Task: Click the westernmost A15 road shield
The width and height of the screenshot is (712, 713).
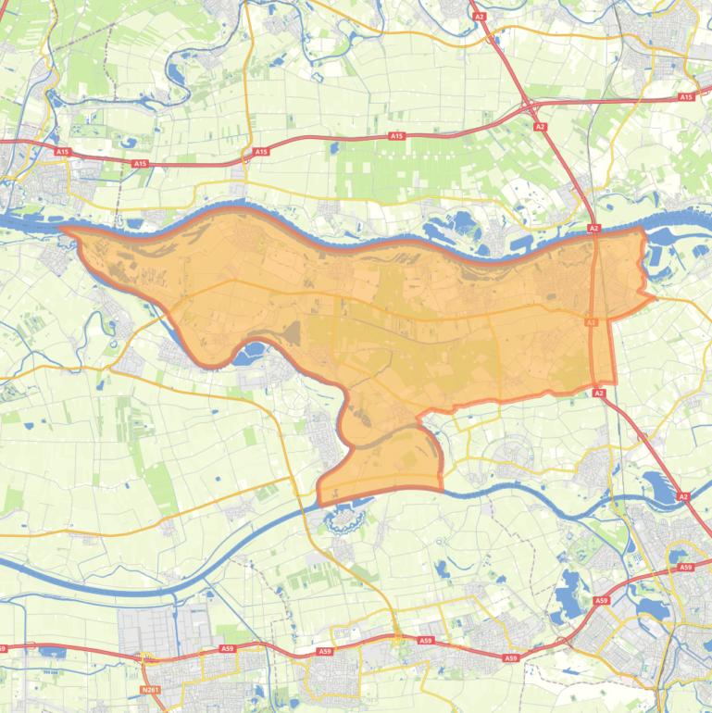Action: (62, 151)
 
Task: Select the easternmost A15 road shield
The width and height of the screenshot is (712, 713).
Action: (686, 96)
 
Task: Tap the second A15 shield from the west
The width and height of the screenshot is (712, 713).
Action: (140, 164)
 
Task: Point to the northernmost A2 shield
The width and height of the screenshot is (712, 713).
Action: (479, 16)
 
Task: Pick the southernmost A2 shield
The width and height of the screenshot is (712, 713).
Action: (683, 497)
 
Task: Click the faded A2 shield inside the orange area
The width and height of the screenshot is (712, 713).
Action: (591, 321)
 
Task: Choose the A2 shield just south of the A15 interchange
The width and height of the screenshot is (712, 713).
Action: (540, 126)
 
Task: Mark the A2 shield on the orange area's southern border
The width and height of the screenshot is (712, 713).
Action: (599, 394)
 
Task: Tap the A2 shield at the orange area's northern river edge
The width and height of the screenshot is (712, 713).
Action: (593, 228)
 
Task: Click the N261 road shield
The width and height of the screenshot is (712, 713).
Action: (151, 690)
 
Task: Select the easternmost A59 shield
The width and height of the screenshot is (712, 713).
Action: (685, 567)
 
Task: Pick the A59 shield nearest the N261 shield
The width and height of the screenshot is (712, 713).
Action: (228, 649)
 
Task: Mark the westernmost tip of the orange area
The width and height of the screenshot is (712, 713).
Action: (61, 228)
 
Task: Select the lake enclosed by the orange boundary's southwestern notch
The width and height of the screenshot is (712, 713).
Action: (248, 353)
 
